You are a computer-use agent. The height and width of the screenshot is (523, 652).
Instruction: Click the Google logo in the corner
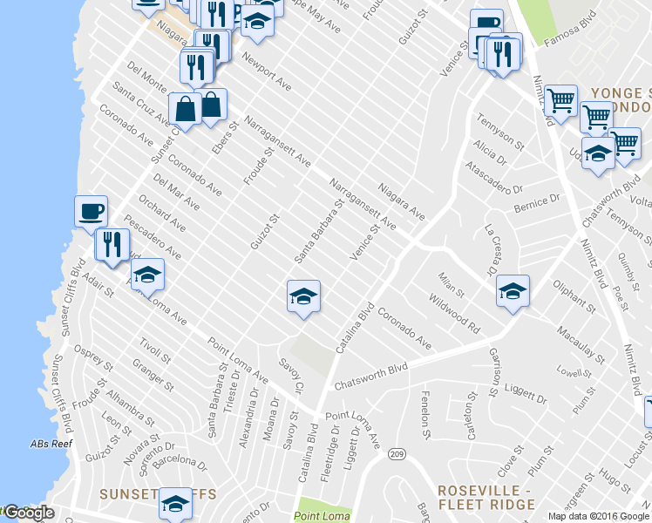pyautogui.click(x=28, y=513)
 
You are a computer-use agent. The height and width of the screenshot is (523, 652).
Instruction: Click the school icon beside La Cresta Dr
pyautogui.click(x=513, y=292)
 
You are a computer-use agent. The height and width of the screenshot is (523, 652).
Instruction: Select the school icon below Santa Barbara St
pyautogui.click(x=302, y=297)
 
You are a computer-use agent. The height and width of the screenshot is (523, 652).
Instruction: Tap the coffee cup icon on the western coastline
pyautogui.click(x=91, y=210)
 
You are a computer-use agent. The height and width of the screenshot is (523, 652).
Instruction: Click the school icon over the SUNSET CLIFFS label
pyautogui.click(x=175, y=502)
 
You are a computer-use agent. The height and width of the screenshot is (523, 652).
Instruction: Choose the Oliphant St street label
pyautogui.click(x=574, y=296)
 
